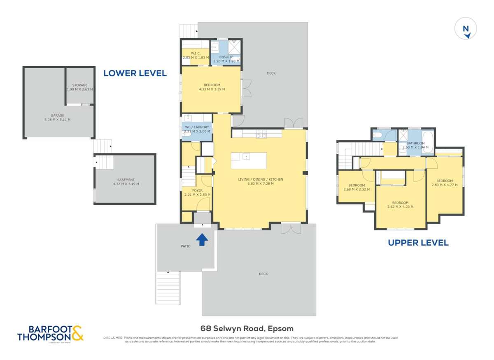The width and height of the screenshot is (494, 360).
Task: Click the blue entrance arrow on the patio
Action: click(x=201, y=239)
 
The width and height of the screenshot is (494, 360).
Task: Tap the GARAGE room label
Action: click(x=58, y=116)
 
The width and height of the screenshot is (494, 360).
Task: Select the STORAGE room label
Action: click(x=80, y=85)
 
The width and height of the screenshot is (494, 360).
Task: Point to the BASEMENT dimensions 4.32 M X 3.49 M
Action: click(x=126, y=184)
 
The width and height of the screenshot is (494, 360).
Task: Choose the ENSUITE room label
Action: click(x=226, y=57)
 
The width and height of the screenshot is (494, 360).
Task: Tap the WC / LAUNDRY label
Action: click(x=197, y=127)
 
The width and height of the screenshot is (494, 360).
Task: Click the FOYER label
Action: click(x=197, y=190)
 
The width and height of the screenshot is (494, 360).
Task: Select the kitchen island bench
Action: click(x=248, y=160)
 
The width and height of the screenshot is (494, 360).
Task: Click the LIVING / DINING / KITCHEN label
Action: click(x=260, y=179)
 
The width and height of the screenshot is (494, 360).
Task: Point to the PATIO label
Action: click(x=185, y=246)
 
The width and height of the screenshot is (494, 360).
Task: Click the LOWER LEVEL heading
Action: click(x=135, y=73)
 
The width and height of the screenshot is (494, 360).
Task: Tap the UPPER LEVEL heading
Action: click(x=418, y=243)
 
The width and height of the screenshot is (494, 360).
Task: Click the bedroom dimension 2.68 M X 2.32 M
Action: click(x=356, y=190)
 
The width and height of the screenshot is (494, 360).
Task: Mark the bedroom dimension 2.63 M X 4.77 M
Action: click(x=444, y=185)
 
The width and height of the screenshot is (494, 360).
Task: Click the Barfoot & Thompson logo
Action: click(x=50, y=333)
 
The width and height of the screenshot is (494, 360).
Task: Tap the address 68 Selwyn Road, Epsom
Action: click(x=247, y=328)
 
